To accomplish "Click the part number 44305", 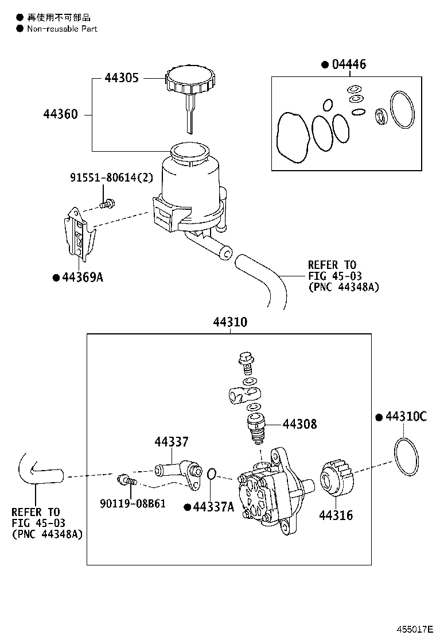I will point(122,78).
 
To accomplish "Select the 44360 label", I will point(60,115).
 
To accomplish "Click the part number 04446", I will point(348,64).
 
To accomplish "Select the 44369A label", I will point(82,278).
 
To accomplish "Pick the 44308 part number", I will point(299,425).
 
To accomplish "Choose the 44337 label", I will point(171,442).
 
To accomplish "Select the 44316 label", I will point(336,515).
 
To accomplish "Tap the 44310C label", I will point(406,417).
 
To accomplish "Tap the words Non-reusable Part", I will point(62,29).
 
